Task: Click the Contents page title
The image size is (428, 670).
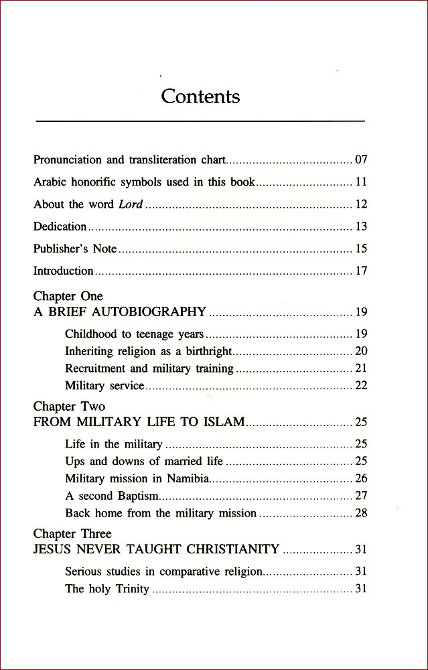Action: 200,96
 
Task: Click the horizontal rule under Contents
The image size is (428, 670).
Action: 200,121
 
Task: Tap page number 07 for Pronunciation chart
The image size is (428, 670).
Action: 361,160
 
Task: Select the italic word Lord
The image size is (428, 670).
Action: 131,204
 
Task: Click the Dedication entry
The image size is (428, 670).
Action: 60,226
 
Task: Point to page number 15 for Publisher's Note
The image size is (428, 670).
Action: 361,249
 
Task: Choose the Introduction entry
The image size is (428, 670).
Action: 64,271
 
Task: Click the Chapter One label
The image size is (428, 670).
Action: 68,296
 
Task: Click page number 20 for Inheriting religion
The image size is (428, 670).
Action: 361,351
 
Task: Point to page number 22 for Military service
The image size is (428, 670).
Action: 361,386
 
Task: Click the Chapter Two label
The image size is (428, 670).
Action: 69,407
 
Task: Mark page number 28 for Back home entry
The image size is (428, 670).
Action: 361,513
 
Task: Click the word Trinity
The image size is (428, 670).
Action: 131,590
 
